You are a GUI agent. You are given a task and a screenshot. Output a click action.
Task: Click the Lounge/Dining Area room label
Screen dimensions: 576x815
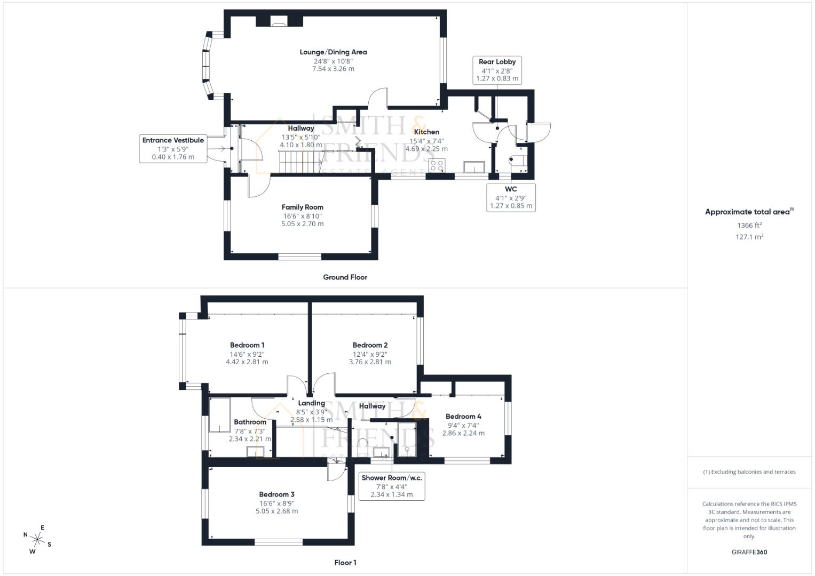[333, 52]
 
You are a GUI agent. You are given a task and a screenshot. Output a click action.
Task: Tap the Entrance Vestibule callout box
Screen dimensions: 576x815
[173, 148]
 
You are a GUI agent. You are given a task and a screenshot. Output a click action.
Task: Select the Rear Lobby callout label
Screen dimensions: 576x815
[497, 70]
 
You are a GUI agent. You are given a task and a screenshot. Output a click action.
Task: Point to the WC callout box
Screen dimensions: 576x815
[511, 197]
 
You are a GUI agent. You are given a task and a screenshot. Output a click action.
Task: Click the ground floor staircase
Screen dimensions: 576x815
[299, 162]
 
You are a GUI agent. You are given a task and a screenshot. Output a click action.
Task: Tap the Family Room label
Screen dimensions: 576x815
[303, 207]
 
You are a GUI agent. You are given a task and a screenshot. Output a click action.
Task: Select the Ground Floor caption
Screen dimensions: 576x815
[345, 277]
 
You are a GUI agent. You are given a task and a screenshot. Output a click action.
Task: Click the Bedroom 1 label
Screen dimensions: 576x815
[247, 345]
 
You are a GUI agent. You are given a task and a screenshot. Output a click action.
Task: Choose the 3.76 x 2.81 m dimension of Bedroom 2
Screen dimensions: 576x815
[370, 362]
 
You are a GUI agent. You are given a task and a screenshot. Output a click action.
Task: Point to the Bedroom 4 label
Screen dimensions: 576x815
[463, 417]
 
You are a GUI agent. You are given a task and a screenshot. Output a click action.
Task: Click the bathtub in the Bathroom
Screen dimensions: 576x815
[219, 415]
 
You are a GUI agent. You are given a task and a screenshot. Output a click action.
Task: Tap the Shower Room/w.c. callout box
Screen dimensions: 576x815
[392, 486]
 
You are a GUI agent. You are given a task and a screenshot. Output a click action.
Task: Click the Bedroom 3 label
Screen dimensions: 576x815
[276, 494]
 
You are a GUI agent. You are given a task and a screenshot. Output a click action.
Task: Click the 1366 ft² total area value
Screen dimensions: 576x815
[749, 226]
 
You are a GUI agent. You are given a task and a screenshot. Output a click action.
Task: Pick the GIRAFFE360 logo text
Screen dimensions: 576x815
[749, 552]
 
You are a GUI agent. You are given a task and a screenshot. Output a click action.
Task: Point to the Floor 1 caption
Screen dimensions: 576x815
[345, 563]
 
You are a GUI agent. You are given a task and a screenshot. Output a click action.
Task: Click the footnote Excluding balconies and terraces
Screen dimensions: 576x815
[749, 472]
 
